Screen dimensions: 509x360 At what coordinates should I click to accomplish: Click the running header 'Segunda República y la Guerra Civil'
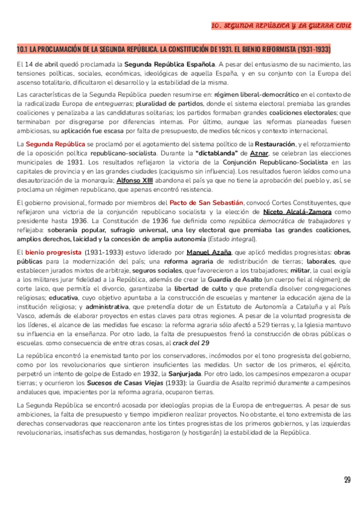point(281,26)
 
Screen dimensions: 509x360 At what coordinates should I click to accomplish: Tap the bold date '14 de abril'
point(41,64)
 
